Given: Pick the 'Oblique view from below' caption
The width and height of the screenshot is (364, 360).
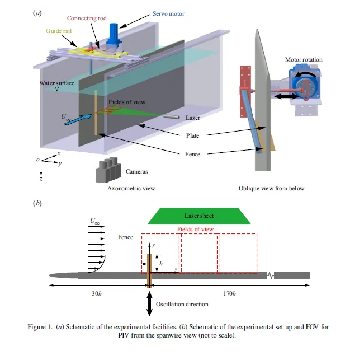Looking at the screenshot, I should (x=271, y=188).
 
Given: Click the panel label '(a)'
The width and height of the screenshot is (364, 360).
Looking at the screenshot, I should (x=37, y=12).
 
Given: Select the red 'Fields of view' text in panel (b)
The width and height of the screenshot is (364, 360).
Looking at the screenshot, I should (x=195, y=229).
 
